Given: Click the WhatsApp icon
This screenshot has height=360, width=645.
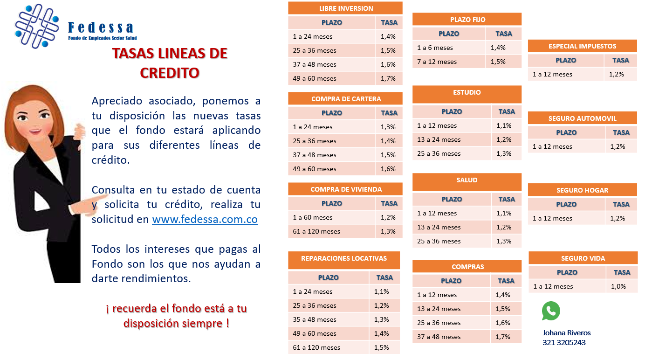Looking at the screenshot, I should click(551, 311).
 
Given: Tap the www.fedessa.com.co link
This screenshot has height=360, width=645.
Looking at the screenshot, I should click(205, 220).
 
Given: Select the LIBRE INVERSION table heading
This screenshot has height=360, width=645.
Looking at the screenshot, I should click(346, 8).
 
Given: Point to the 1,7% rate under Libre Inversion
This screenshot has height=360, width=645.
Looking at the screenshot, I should click(388, 78).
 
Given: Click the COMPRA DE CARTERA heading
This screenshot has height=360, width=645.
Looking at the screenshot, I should click(346, 99).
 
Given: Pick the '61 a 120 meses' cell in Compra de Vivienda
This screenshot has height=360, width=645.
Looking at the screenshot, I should click(316, 231).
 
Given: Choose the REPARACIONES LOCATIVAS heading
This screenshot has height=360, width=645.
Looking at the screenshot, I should click(344, 258).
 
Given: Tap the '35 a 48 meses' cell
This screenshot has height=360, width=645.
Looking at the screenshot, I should click(315, 319).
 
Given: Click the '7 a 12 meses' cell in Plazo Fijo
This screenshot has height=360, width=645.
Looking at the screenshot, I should click(437, 62).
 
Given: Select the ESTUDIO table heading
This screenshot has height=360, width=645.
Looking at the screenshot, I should click(467, 92).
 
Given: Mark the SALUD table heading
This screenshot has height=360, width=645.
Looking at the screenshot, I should click(467, 180).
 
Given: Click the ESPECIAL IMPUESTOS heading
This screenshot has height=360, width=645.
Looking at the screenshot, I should click(582, 46).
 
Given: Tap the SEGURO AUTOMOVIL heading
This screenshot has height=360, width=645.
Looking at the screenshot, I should click(582, 118).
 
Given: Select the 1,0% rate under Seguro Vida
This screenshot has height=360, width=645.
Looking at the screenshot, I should click(618, 286).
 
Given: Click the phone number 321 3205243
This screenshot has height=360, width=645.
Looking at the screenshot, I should click(564, 343).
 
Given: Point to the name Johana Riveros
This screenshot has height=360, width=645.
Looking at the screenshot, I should click(566, 333).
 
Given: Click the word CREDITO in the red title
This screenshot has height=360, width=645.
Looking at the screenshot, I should click(170, 73).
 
